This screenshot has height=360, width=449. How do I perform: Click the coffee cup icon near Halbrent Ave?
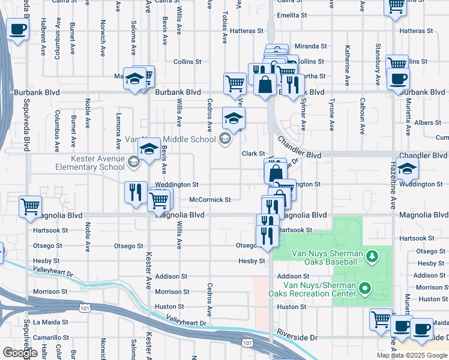tap(18, 29)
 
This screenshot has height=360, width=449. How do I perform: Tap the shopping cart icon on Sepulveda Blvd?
tap(30, 207)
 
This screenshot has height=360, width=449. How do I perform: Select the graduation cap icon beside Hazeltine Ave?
tap(407, 169)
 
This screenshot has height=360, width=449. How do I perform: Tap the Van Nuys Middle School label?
tap(178, 139)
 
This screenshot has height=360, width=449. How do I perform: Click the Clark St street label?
tap(253, 154)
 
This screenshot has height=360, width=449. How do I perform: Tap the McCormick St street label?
tap(210, 199)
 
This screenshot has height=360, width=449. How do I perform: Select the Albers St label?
tap(428, 122)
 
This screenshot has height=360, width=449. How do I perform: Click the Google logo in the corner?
tap(20, 353)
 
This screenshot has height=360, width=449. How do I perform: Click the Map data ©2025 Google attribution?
tap(411, 355)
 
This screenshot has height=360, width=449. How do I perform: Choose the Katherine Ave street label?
tap(347, 58)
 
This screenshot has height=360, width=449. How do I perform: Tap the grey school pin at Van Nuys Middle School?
tap(225, 139)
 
